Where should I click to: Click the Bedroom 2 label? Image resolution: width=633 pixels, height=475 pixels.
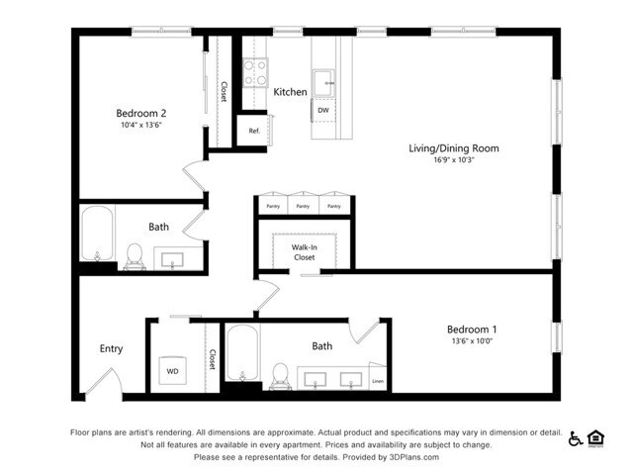coord(140,112)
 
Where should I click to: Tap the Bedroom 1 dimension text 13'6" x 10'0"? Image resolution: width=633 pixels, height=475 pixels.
coord(472,342)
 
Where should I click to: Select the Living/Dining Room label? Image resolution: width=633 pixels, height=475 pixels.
coord(454,148)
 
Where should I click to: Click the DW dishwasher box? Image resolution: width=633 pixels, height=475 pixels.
coord(323,110)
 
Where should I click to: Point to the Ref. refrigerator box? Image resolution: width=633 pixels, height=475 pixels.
coord(253,131)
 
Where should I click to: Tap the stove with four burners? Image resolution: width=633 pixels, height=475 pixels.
coord(255,71)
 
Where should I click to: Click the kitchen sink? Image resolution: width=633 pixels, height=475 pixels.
coord(323,78)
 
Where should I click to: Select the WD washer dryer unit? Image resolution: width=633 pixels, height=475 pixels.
coord(173,371)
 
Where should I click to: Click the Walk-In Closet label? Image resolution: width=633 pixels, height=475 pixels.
coord(304,251)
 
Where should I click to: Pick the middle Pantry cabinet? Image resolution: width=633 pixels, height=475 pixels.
coord(304,206)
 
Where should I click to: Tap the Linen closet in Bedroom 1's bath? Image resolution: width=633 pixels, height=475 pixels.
coord(377,380)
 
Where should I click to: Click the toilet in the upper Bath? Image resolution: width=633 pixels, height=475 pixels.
coord(136,255)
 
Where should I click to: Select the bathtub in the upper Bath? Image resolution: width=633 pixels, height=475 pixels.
coord(96,237)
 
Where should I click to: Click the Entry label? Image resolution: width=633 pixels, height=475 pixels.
coord(111,348)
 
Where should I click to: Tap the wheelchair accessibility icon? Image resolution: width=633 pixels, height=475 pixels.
coord(575,438)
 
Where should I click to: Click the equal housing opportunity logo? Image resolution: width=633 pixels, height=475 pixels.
coord(595,438)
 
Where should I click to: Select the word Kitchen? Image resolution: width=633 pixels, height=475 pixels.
coord(290,92)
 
